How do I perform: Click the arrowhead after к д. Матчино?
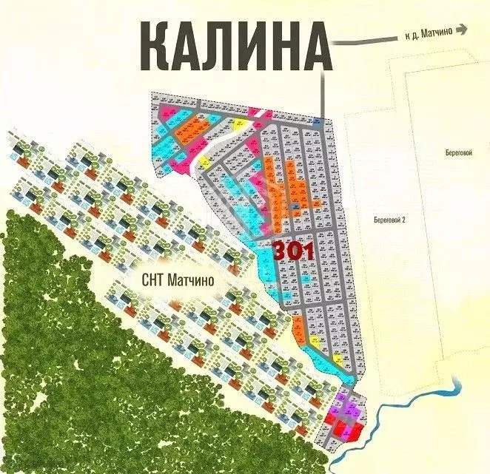point(462,30)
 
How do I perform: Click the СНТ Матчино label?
point(178,280)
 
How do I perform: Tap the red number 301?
point(294,251)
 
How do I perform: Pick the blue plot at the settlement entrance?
point(317,121)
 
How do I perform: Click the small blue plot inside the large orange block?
point(295,206)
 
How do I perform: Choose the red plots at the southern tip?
point(342,427)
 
